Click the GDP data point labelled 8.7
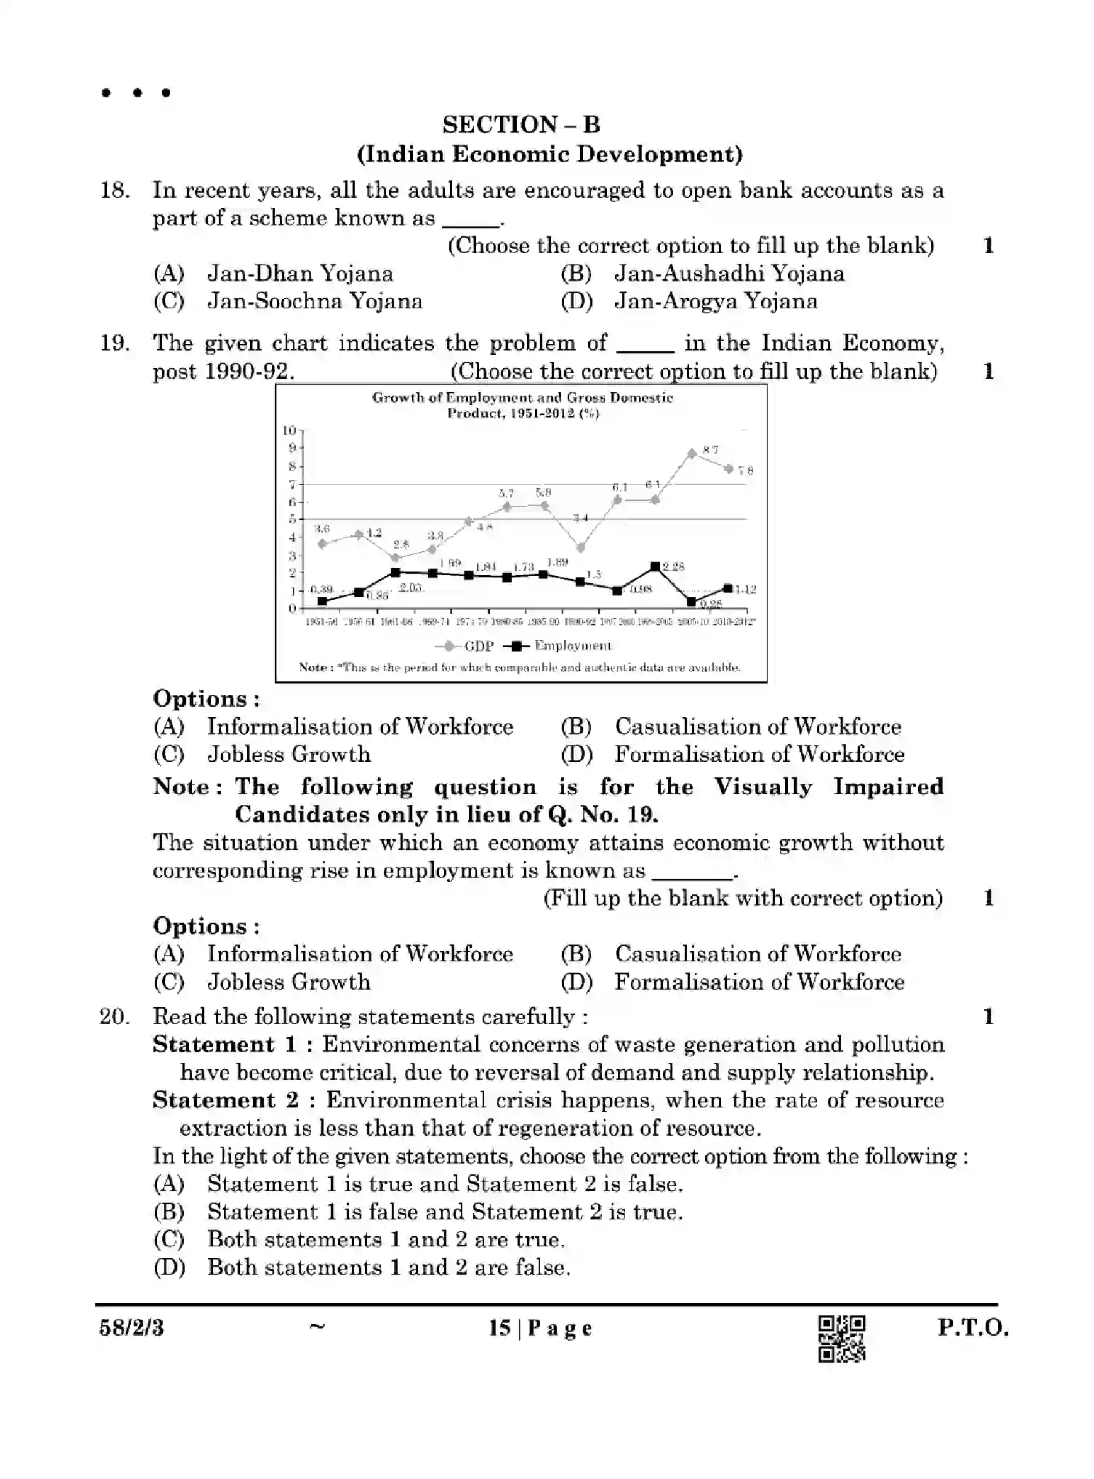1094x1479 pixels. [691, 453]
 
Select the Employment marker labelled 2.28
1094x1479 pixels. [655, 566]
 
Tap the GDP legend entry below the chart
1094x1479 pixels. [465, 646]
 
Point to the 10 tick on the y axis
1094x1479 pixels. [289, 430]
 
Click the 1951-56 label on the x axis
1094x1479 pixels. [321, 622]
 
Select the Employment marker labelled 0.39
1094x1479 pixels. [322, 601]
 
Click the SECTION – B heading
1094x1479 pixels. [521, 125]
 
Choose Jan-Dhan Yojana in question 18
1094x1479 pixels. [299, 274]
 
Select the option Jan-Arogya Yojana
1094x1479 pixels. [715, 302]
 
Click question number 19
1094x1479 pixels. [115, 343]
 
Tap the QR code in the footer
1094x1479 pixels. [842, 1338]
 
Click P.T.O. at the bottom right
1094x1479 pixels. [973, 1328]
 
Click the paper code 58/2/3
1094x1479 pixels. [132, 1328]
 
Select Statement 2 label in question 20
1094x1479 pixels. [225, 1100]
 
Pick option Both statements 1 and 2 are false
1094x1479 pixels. [388, 1267]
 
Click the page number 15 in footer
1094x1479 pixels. [499, 1328]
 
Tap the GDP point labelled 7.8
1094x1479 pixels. [728, 469]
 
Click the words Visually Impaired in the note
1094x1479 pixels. [828, 787]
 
